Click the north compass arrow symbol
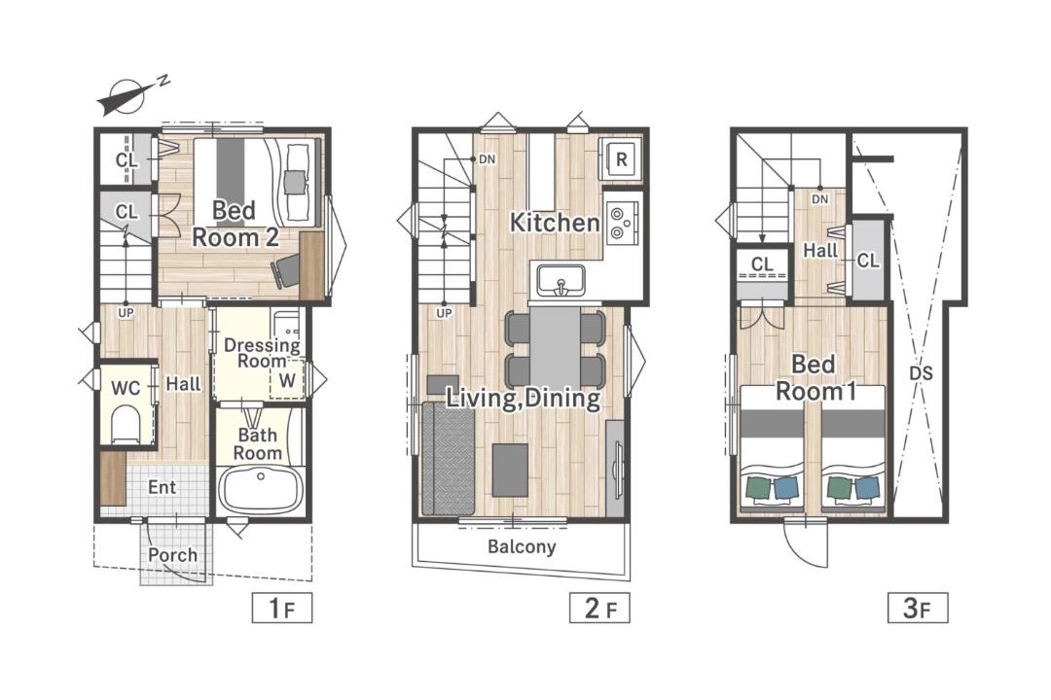click(127, 97)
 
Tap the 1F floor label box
click(282, 609)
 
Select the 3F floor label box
click(918, 609)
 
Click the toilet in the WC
click(126, 424)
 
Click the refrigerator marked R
click(621, 158)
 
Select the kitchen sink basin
click(561, 280)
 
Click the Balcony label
click(523, 546)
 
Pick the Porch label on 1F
click(173, 555)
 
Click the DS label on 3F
click(921, 372)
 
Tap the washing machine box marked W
click(287, 380)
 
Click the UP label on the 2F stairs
click(444, 313)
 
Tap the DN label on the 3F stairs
click(819, 199)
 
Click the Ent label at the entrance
click(163, 487)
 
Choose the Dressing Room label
click(262, 353)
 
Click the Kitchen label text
click(555, 223)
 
